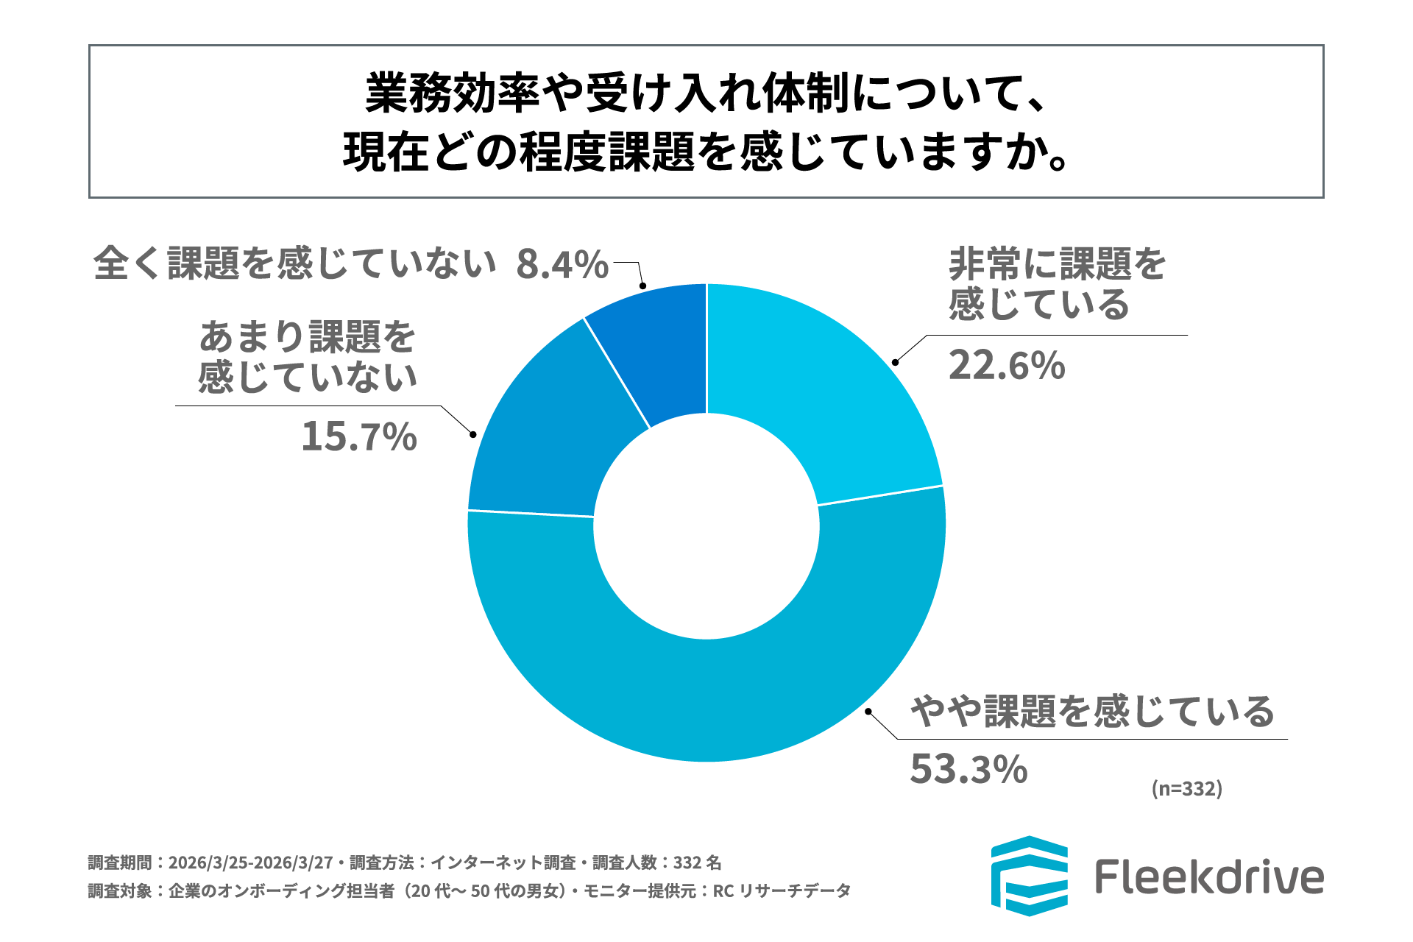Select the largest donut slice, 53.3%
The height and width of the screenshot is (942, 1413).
pyautogui.click(x=706, y=699)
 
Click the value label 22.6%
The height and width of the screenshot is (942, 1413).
pyautogui.click(x=1006, y=365)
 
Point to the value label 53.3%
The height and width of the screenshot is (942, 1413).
pyautogui.click(x=968, y=769)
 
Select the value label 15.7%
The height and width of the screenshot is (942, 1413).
pyautogui.click(x=359, y=436)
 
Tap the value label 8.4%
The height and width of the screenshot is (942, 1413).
pyautogui.click(x=562, y=264)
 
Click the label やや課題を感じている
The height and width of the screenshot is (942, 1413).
pyautogui.click(x=1092, y=712)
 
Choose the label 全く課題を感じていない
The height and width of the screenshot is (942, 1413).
pyautogui.click(x=294, y=263)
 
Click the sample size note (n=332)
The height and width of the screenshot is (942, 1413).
pyautogui.click(x=1186, y=789)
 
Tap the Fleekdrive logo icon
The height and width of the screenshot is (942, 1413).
pyautogui.click(x=1029, y=876)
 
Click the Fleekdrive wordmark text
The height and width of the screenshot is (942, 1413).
pyautogui.click(x=1209, y=877)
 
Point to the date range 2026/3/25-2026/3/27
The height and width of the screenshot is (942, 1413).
pyautogui.click(x=250, y=863)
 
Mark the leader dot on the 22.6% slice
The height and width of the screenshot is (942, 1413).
pyautogui.click(x=895, y=362)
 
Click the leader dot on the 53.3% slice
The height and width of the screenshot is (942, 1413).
pyautogui.click(x=868, y=712)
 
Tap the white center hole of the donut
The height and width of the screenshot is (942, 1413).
pyautogui.click(x=706, y=526)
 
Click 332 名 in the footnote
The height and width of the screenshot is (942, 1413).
pyautogui.click(x=697, y=863)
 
